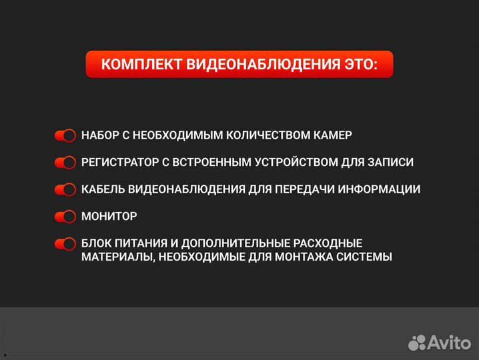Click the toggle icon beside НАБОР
tap(65, 135)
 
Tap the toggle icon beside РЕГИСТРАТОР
tap(65, 162)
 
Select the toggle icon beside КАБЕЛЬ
tap(65, 189)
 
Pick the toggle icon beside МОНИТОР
tap(65, 217)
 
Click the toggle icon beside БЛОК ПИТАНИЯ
tap(65, 244)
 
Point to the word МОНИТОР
tap(109, 217)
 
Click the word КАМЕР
tap(330, 135)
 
